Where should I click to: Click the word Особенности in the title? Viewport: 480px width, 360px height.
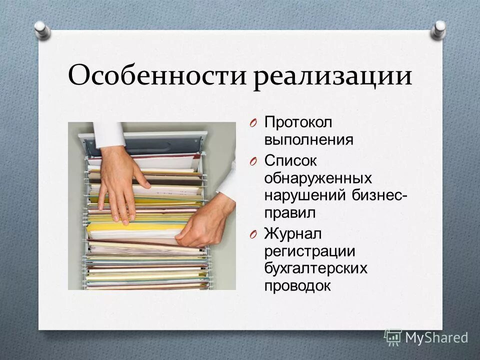(x=158, y=76)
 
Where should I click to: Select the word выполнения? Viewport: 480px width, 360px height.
(x=308, y=139)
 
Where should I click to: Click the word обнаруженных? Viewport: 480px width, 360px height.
(x=318, y=178)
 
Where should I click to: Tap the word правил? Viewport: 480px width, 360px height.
(x=290, y=213)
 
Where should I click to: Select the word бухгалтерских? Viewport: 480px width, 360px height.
(x=316, y=268)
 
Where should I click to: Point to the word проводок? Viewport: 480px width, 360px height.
(x=297, y=286)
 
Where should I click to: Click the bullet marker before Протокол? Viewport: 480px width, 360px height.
(x=253, y=123)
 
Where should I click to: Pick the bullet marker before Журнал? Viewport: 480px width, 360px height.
(x=253, y=234)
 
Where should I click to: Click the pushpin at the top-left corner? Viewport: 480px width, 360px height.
(x=42, y=29)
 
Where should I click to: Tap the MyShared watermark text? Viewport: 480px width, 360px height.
(x=436, y=338)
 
